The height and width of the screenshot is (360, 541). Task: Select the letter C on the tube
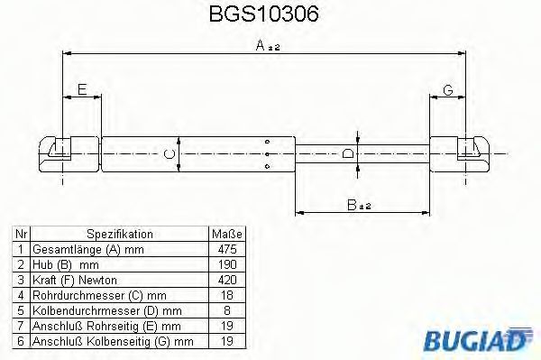point(170,154)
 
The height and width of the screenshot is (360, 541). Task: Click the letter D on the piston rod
point(349,154)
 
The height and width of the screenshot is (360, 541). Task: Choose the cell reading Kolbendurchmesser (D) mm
point(97,309)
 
